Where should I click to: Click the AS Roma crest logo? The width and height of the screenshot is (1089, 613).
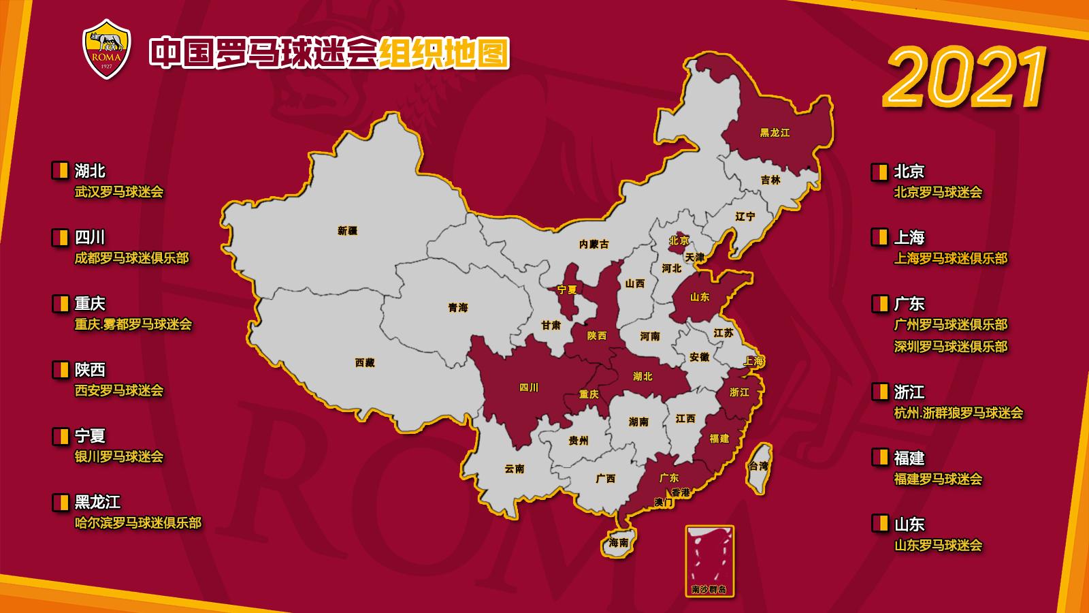pos(107,48)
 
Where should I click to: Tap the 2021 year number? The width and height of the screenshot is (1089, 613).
pos(965,78)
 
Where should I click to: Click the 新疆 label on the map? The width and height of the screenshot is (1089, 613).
pos(347,231)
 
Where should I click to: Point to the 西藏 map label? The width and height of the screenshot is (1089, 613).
pos(365,363)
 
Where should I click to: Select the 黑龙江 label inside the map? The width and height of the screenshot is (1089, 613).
pos(775,133)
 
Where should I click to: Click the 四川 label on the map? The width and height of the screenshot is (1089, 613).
pos(529,388)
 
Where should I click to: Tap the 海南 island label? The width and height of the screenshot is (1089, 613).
pos(619,543)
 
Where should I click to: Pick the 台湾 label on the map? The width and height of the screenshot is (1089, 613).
pos(758,467)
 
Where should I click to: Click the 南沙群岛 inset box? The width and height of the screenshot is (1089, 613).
pos(709,561)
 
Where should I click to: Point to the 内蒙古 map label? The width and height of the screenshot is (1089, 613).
pos(594,244)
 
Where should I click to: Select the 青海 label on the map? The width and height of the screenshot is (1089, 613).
pos(458,308)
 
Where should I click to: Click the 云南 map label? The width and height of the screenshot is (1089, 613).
pos(515,469)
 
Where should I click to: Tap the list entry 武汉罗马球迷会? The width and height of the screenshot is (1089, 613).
pos(119,192)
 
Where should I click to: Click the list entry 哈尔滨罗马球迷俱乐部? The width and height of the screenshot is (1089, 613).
pos(138,523)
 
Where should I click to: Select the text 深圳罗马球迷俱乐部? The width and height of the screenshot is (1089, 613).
pos(951,347)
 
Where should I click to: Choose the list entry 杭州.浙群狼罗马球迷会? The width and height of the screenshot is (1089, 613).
pos(958,413)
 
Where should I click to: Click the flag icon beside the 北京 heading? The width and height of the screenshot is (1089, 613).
pos(879,172)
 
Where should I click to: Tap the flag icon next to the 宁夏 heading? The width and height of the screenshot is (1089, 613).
pos(60,436)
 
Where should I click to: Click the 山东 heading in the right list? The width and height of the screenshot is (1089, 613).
pos(909,524)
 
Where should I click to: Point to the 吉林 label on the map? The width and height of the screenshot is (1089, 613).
pos(770,180)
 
